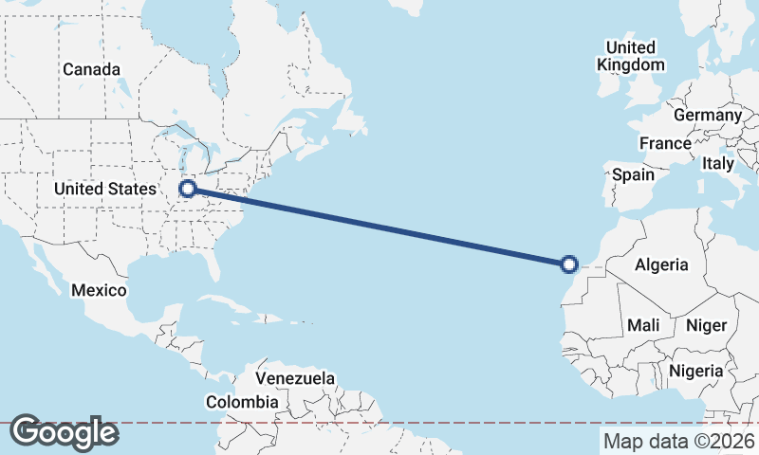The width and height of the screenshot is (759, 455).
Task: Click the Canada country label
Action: (x=91, y=69)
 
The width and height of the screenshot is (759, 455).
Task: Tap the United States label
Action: (x=104, y=190)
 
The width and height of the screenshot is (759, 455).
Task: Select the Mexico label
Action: (x=99, y=290)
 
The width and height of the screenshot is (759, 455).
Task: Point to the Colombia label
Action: (x=243, y=402)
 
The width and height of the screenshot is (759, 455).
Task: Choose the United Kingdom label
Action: (x=630, y=56)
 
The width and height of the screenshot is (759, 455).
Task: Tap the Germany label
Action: (x=707, y=115)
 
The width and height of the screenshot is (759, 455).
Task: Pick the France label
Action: (x=664, y=144)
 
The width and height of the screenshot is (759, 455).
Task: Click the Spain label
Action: (x=633, y=174)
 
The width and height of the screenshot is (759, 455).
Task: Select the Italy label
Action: (x=718, y=163)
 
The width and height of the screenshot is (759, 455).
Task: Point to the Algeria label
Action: (x=661, y=265)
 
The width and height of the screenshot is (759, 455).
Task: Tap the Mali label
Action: (x=643, y=325)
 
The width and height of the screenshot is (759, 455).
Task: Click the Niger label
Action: (x=706, y=325)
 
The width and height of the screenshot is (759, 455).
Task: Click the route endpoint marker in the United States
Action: (x=188, y=189)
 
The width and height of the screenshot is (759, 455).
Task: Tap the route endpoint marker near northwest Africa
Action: (x=569, y=264)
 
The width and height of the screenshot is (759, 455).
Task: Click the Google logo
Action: (x=64, y=432)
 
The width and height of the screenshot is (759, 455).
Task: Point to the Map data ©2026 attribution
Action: (x=678, y=441)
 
